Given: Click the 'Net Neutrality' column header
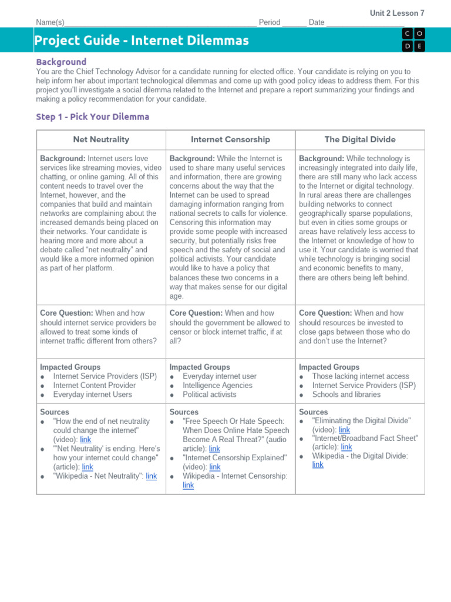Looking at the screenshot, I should tap(101, 139).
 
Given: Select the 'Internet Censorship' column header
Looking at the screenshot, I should tap(230, 139).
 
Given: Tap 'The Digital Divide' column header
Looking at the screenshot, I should tap(360, 139).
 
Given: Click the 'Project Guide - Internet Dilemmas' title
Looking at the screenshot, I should tap(142, 41).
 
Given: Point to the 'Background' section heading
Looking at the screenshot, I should tap(61, 62).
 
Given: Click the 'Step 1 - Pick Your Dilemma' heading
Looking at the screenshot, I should tap(93, 116).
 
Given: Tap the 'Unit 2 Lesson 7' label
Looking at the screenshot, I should tap(397, 13).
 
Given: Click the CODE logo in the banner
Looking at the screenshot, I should tap(414, 40).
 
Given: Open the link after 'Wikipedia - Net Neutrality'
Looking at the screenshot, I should tap(152, 476).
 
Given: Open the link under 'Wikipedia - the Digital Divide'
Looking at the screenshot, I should tap(318, 464).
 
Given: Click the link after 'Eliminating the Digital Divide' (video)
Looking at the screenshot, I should tap(345, 430).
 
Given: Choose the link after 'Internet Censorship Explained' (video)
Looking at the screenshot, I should tap(215, 467).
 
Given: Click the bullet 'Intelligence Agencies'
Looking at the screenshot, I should tap(217, 386).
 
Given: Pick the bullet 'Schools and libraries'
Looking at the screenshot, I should tap(345, 394).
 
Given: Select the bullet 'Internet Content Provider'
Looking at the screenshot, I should tap(94, 386).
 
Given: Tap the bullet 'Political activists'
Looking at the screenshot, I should tap(209, 394).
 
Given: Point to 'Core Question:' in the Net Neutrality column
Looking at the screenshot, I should tap(66, 313).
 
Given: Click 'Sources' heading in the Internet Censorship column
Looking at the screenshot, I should tap(184, 412).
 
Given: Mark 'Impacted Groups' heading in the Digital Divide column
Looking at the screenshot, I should tap(329, 367).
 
